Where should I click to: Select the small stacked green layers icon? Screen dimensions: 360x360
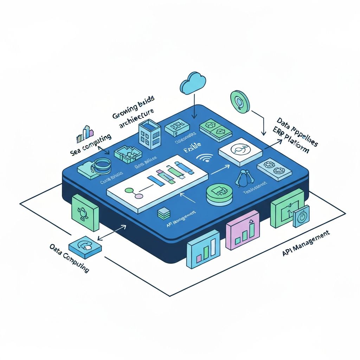[x=163, y=213]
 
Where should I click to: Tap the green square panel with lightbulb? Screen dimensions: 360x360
[x=85, y=212]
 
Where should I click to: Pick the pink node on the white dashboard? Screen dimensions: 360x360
[x=140, y=195]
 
